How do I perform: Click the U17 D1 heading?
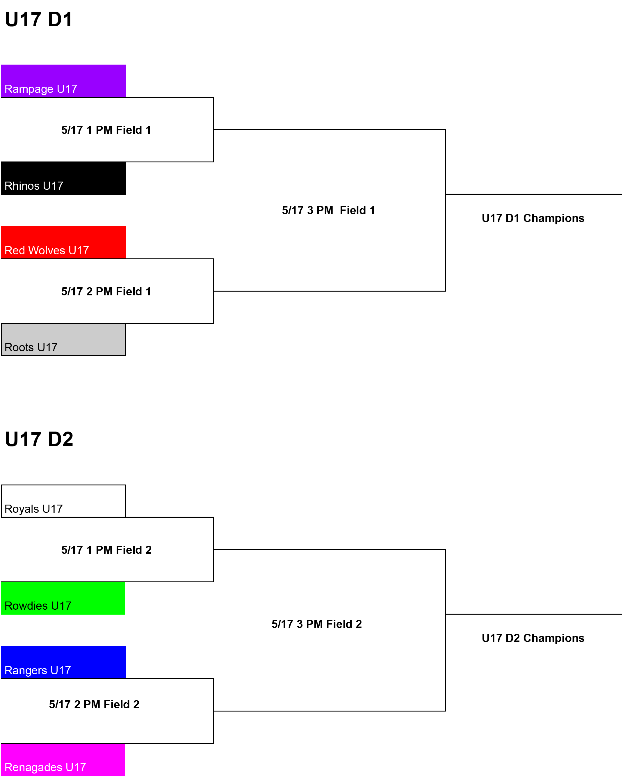38,19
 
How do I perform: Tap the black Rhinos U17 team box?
63,178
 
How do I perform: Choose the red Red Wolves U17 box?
63,242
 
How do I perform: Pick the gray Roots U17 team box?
63,340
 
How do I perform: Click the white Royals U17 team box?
63,501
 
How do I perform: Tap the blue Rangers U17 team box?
63,662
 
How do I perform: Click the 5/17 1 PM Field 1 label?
106,130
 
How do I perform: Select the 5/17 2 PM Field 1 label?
106,291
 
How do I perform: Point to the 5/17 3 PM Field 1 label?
328,210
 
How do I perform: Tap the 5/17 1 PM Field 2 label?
106,550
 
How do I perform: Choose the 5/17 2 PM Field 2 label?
94,704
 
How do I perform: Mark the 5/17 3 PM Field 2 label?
316,624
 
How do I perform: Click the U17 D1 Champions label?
533,218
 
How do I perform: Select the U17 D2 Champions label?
533,638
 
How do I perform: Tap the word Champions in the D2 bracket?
554,638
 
